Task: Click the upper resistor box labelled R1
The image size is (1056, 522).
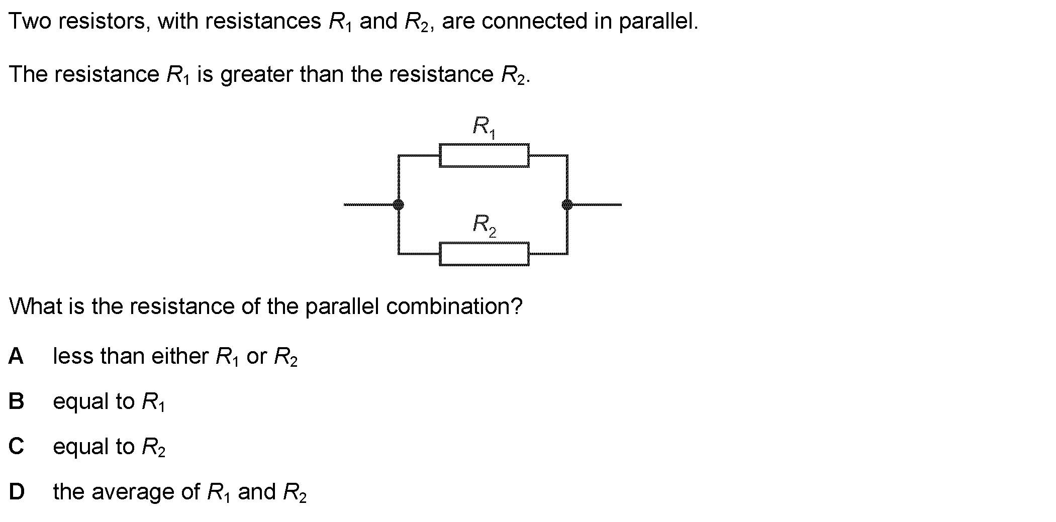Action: coord(484,155)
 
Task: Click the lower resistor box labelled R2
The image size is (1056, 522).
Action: coord(484,254)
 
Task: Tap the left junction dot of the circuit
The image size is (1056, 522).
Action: coord(398,204)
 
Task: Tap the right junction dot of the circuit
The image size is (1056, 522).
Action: coord(567,204)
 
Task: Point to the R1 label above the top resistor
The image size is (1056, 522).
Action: coord(484,127)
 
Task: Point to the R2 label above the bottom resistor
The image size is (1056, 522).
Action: coord(484,225)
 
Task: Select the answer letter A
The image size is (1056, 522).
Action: coord(16,356)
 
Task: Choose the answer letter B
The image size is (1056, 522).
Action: coord(16,401)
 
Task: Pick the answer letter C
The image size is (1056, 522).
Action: coord(16,446)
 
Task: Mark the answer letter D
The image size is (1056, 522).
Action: coord(17,491)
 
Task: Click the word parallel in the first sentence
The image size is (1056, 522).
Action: coord(657,22)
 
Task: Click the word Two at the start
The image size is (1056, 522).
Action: coord(30,22)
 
